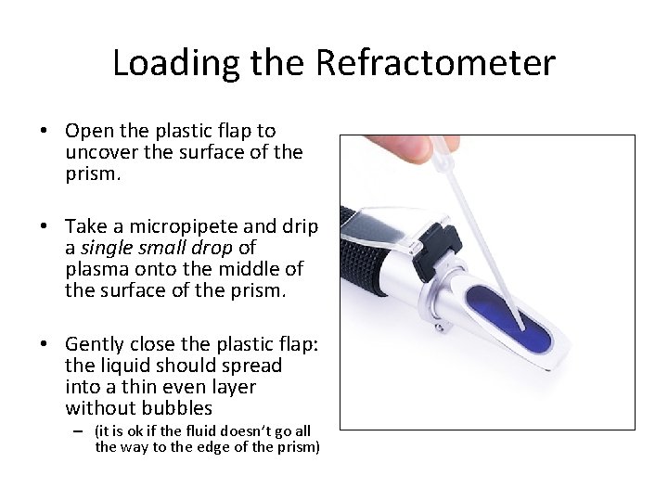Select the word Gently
click(98, 344)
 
